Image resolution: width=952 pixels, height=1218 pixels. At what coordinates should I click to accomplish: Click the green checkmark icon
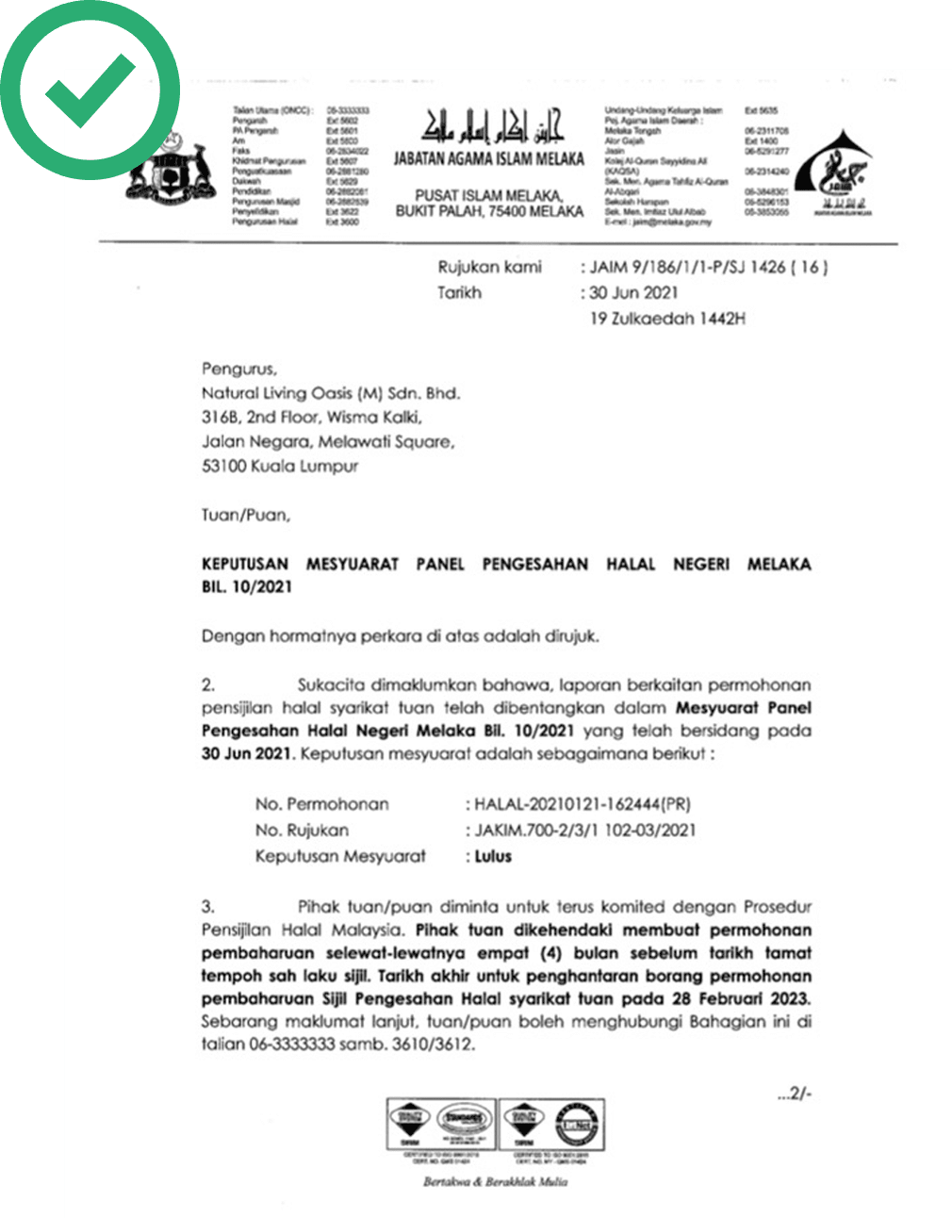[89, 91]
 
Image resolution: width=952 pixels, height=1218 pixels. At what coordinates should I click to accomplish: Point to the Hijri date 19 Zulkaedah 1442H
[667, 319]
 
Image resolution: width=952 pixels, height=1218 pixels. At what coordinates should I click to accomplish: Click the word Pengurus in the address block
[238, 369]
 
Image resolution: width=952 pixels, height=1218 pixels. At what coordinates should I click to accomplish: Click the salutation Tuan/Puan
[245, 516]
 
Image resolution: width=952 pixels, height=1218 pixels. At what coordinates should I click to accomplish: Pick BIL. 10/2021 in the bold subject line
[247, 587]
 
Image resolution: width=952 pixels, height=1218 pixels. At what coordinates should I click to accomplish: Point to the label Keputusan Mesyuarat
[340, 857]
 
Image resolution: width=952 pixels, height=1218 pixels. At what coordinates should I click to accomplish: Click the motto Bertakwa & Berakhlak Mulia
[495, 1181]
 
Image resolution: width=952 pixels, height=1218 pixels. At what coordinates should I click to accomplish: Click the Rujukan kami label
[489, 267]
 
